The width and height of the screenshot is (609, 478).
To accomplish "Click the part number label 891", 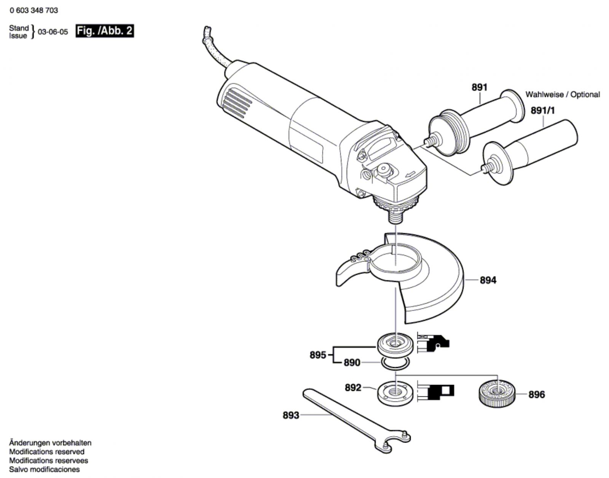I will tap(479, 87).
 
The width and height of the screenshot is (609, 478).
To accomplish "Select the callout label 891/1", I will tap(543, 111).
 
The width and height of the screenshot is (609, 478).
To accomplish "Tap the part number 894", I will tap(488, 280).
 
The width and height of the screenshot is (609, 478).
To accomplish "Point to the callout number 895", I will tap(318, 355).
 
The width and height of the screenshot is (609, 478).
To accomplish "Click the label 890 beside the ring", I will tap(352, 363).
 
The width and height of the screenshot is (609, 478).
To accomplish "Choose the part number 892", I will tap(353, 388).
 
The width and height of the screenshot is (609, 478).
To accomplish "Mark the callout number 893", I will tap(291, 415).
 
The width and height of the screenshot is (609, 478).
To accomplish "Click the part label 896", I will tap(536, 395).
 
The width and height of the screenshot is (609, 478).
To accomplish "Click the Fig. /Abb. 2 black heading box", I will tap(105, 31).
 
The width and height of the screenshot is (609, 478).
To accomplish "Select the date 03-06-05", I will tap(53, 32).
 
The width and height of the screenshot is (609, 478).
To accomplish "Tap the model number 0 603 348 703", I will tap(34, 11).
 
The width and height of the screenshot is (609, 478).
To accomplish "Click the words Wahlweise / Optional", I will tap(563, 94).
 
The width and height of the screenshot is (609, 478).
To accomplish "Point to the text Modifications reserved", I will tap(47, 452).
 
